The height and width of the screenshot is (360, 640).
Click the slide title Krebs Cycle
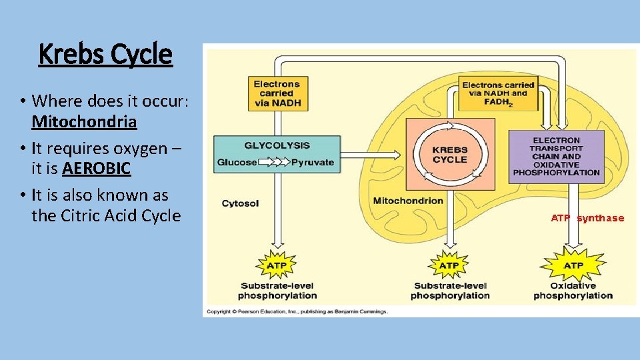tap(105, 55)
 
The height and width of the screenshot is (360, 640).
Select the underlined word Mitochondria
tap(84, 122)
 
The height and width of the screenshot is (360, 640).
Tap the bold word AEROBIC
tap(97, 169)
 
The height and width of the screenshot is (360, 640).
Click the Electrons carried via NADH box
tap(277, 93)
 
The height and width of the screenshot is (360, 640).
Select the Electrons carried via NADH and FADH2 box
tap(498, 93)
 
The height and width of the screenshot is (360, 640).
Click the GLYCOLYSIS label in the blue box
tap(277, 145)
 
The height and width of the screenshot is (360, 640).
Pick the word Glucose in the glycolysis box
tap(237, 162)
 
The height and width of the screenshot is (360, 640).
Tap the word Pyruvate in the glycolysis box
tap(313, 162)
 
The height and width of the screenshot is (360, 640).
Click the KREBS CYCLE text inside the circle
tap(450, 155)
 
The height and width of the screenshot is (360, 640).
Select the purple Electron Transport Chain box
tap(556, 157)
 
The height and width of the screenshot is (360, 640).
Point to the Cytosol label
tap(240, 203)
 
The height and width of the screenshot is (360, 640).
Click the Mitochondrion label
tap(408, 201)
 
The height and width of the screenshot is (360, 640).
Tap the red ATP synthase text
tap(587, 218)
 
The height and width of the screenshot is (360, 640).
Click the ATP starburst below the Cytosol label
tap(277, 265)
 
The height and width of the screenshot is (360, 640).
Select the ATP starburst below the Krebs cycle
tap(449, 265)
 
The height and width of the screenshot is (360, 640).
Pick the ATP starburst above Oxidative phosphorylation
tap(573, 265)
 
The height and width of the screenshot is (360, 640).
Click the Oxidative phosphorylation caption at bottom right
tap(573, 291)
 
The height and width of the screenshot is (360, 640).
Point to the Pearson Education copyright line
tap(297, 311)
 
